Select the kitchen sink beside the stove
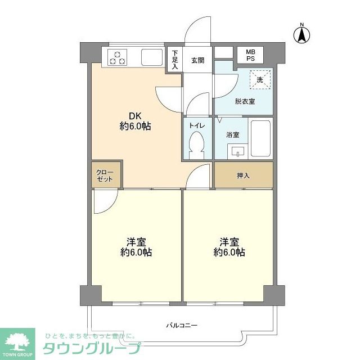[x=151, y=57]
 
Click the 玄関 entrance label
[x=197, y=60]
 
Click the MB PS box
[x=249, y=55]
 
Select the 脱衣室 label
[x=244, y=101]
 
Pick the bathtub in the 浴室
[x=260, y=138]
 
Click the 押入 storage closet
[x=243, y=175]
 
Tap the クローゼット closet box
[x=105, y=175]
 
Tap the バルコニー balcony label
[x=181, y=325]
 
